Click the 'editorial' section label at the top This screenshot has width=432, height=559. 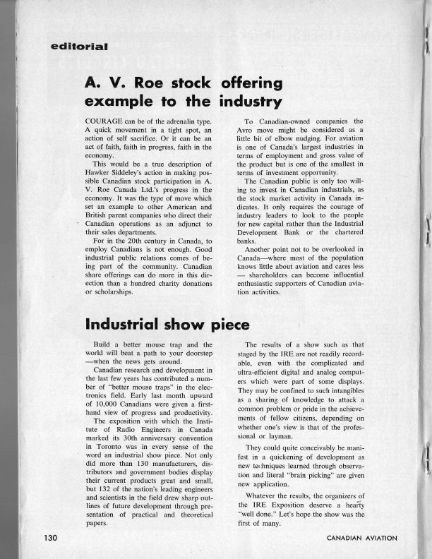tap(79, 47)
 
